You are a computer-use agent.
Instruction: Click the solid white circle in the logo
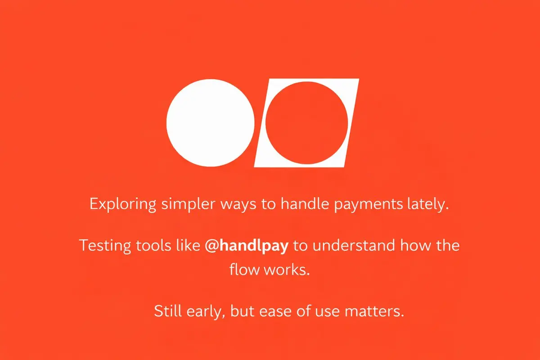coord(211,123)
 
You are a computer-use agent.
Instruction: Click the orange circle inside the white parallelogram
coord(306,123)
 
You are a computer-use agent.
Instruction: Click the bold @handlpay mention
coord(247,246)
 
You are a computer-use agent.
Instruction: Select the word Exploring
coord(123,204)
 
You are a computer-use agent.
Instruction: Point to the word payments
coord(369,204)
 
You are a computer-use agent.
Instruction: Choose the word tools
coord(153,245)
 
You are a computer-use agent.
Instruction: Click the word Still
coord(168,311)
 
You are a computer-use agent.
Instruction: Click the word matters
coord(374,311)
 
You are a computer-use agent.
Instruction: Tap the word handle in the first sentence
coord(305,204)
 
